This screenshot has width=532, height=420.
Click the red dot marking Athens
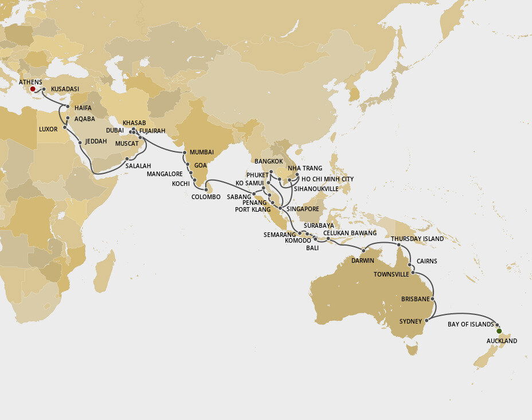[x=33, y=89]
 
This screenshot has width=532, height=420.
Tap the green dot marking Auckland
[x=499, y=331]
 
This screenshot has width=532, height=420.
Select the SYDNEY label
[x=411, y=321]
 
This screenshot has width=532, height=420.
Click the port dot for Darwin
[x=363, y=250]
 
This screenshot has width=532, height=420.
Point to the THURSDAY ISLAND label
[x=417, y=239]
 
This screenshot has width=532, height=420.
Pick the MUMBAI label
[x=202, y=152]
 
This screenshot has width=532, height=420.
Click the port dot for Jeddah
[x=80, y=142]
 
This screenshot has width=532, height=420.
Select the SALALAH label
[x=138, y=166]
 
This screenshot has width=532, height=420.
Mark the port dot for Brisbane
[x=433, y=300]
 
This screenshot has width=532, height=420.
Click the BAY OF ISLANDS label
[x=471, y=324]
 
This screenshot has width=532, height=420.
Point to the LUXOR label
[x=48, y=129]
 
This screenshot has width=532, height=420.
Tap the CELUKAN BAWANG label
[x=350, y=233]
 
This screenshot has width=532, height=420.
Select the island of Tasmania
[x=410, y=348]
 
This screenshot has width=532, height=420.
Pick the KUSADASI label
[x=65, y=90]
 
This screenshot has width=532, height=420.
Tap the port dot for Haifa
[x=68, y=107]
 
